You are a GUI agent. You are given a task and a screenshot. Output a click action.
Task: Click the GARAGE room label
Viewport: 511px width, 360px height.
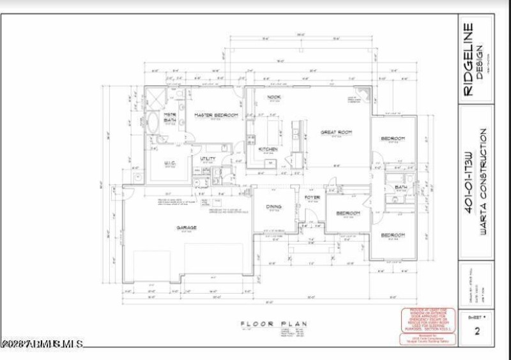[187, 227]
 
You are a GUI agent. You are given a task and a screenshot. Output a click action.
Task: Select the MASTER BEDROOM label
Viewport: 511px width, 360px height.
[217, 115]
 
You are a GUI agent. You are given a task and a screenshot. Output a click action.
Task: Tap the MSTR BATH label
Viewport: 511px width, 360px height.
[170, 117]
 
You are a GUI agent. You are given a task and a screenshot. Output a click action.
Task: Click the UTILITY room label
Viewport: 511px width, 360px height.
[208, 158]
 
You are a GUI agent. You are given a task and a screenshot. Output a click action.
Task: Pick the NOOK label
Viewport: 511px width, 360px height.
[274, 97]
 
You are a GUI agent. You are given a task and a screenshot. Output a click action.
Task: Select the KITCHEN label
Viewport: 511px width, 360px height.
[268, 149]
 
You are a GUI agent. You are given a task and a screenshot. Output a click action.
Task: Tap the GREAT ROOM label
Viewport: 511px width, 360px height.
[336, 132]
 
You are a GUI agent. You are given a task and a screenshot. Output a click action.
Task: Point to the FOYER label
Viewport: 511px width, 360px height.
[312, 198]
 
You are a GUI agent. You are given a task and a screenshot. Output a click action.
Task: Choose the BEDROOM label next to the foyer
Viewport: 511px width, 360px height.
[348, 213]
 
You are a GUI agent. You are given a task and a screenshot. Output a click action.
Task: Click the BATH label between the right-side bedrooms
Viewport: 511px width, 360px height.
[401, 187]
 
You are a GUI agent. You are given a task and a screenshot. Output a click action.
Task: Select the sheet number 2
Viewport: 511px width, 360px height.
[477, 331]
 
